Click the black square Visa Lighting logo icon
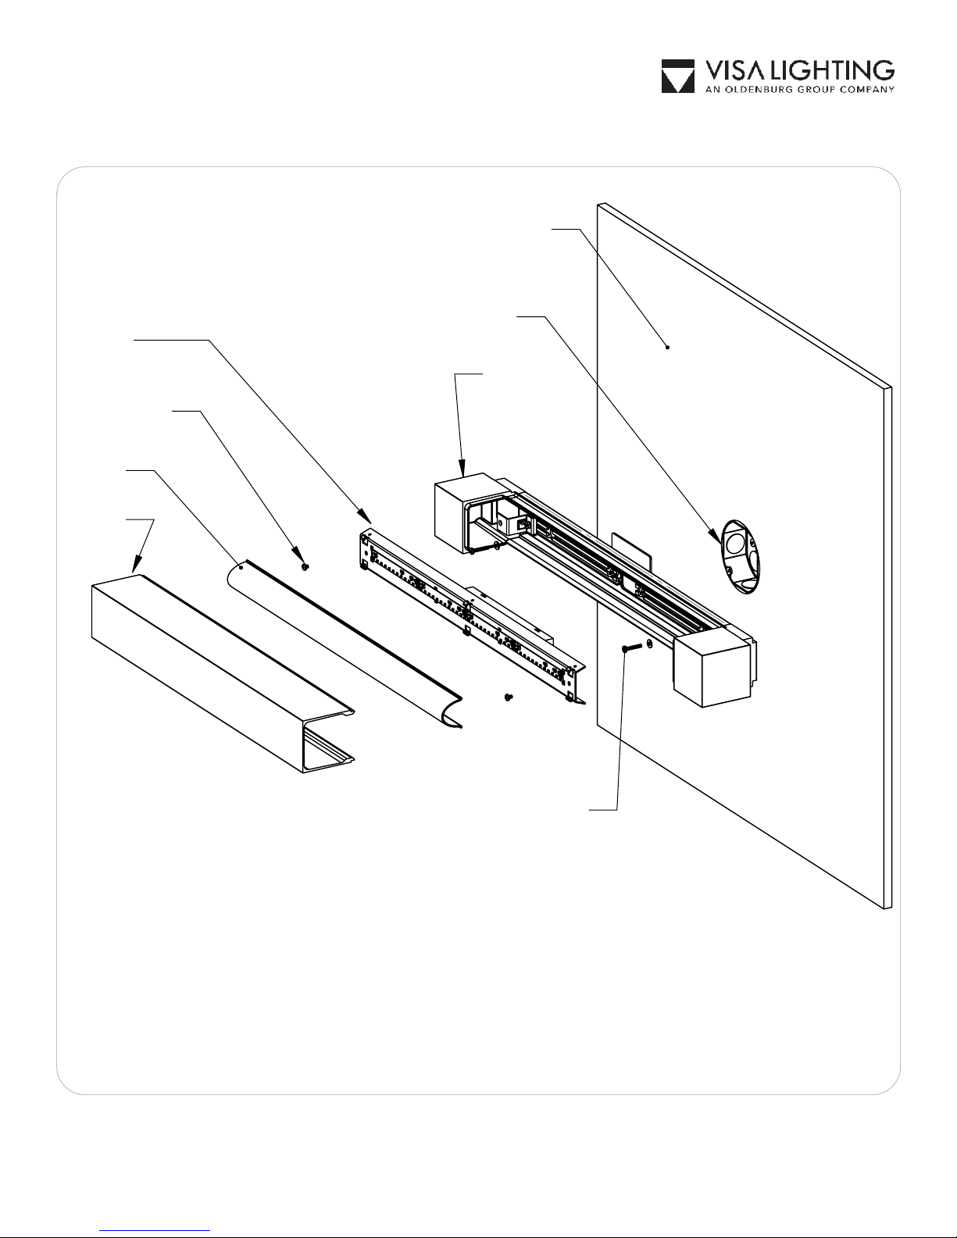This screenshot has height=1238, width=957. pos(678,77)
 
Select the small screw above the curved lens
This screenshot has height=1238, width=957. pos(305,565)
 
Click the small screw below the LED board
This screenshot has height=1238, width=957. pos(509,696)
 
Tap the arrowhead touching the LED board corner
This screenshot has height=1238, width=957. pos(364,516)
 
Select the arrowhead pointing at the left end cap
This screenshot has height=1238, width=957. pos(463,470)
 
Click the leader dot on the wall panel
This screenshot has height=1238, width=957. pos(667,347)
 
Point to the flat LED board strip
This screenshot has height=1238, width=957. pos(469,617)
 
